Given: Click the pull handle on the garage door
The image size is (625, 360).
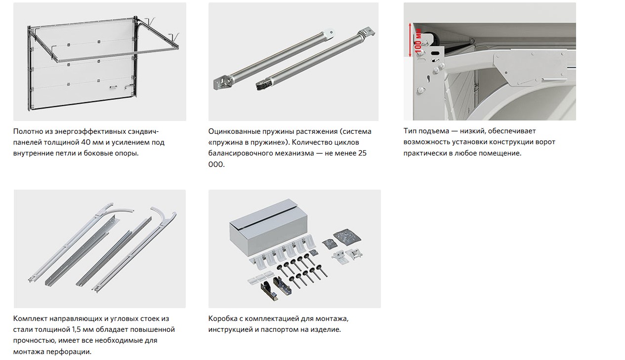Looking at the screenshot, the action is [113, 87].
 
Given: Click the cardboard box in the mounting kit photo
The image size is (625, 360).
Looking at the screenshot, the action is [268, 227].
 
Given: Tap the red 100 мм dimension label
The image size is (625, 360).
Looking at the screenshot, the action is [418, 41].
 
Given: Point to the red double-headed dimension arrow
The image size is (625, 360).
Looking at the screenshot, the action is [410, 40].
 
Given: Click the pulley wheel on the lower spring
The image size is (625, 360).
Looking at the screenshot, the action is [261, 84].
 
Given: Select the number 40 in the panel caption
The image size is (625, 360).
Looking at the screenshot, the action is [85, 143].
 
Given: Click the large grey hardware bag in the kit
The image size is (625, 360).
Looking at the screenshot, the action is [347, 237].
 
